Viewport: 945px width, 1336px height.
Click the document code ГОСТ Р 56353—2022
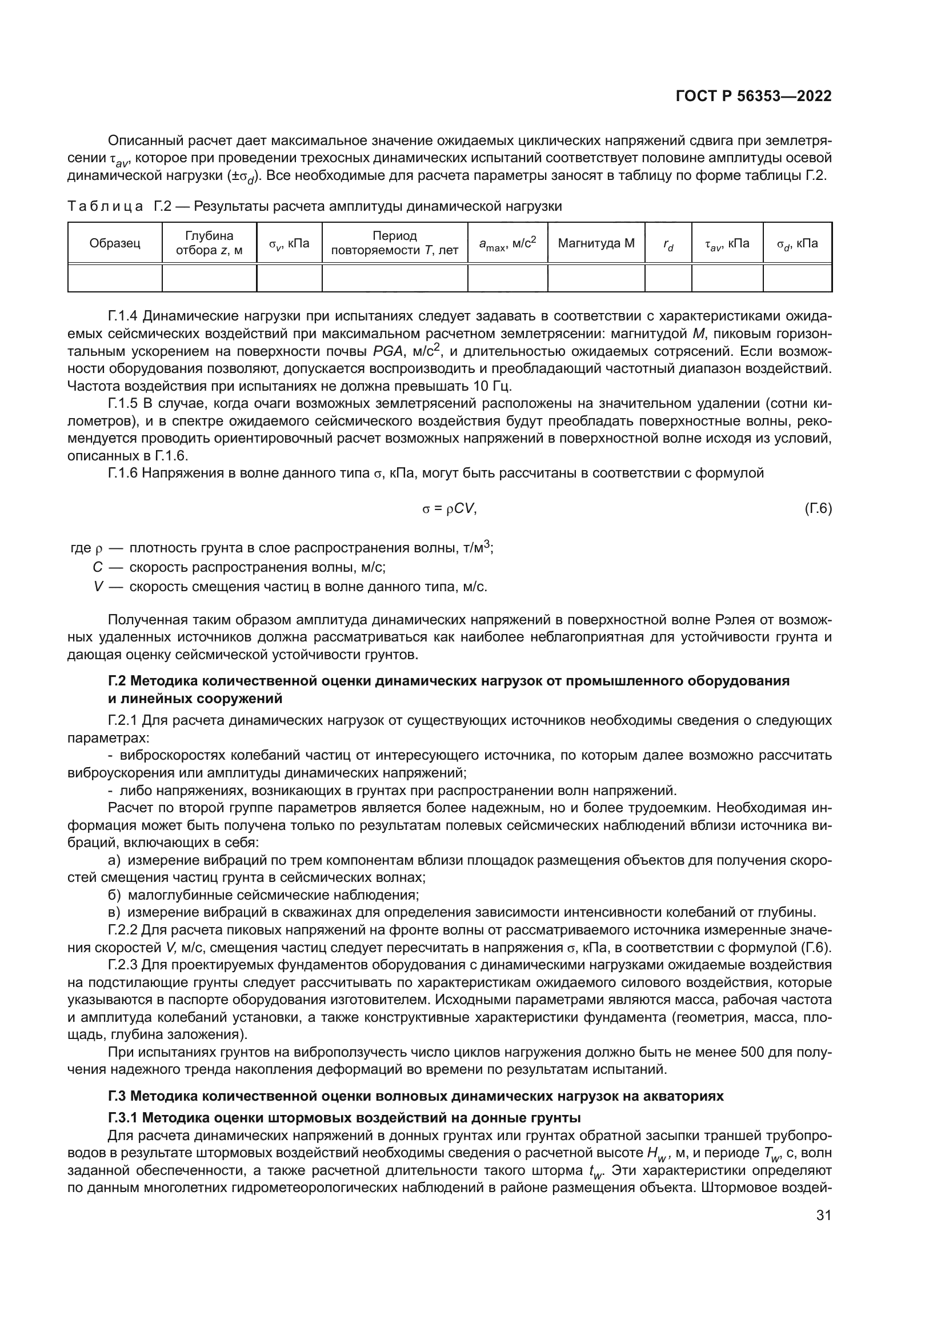pyautogui.click(x=753, y=96)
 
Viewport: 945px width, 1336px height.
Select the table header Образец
pyautogui.click(x=115, y=243)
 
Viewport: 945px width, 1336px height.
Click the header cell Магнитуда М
pyautogui.click(x=596, y=243)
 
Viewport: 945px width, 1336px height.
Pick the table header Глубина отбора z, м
pyautogui.click(x=209, y=243)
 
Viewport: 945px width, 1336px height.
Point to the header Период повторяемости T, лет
pyautogui.click(x=395, y=243)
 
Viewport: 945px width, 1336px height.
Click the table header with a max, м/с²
pyautogui.click(x=507, y=243)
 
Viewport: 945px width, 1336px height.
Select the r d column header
pyautogui.click(x=668, y=244)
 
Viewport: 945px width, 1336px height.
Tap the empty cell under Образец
pyautogui.click(x=115, y=278)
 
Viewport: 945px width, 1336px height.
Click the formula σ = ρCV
pyautogui.click(x=449, y=508)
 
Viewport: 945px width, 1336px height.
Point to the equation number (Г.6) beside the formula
pyautogui.click(x=818, y=508)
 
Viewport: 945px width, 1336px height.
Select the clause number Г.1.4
pyautogui.click(x=123, y=316)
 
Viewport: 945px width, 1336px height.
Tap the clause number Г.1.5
pyautogui.click(x=123, y=403)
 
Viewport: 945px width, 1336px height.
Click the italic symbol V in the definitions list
pyautogui.click(x=98, y=587)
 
